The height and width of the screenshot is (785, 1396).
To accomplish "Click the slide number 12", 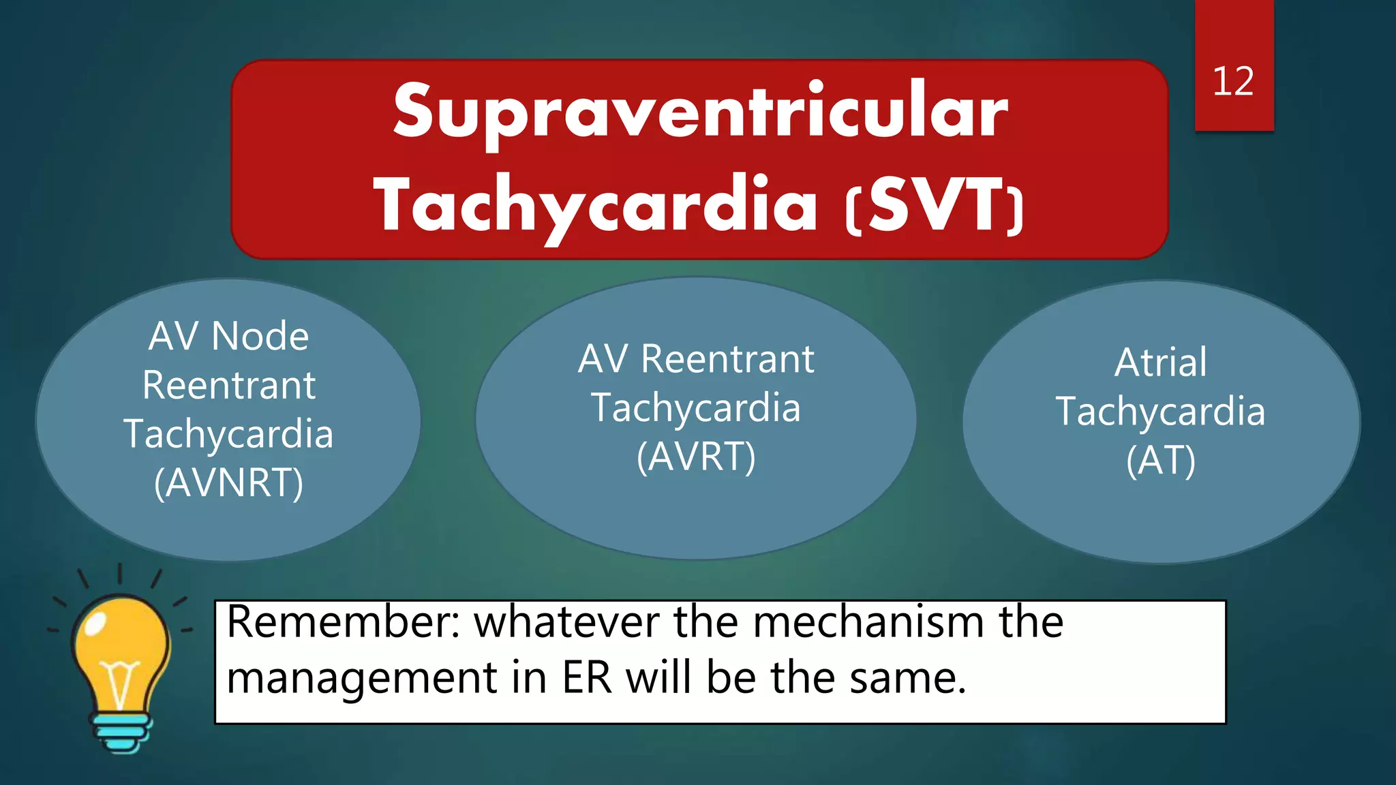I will (x=1232, y=82).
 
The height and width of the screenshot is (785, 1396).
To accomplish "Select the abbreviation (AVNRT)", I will (x=228, y=483).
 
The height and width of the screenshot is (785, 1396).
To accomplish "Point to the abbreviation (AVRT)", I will (x=696, y=457).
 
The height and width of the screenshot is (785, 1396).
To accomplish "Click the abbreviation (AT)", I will (x=1161, y=461).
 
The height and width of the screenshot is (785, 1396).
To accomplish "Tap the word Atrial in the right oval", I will (x=1161, y=362).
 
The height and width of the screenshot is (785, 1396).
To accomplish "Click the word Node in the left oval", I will (x=260, y=337).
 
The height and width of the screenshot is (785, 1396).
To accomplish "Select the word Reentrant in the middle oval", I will (x=727, y=359).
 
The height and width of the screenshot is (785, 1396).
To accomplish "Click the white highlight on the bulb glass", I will (x=95, y=621).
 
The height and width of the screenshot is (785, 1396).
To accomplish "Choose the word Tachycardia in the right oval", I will (x=1161, y=412).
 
